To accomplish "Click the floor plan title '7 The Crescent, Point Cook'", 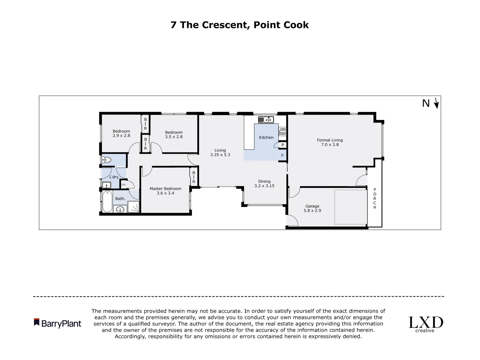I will tap(239, 25).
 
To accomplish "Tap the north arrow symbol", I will tap(436, 103).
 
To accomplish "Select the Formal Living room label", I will tap(330, 140).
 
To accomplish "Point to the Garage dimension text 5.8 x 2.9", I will tap(312, 211).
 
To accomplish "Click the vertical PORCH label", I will tap(375, 199).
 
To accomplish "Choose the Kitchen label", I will tap(266, 137).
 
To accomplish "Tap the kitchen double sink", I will tap(266, 119).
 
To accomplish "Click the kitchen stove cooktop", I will tap(283, 131).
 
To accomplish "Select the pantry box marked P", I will tap(283, 145).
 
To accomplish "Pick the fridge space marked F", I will tap(282, 155).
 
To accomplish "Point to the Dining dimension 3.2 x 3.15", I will tap(264, 186).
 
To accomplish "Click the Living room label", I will tap(220, 150).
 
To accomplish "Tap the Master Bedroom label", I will tap(165, 189).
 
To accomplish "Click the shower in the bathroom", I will tap(134, 208).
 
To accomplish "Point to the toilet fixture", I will tap(106, 160).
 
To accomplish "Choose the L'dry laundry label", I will tap(114, 177).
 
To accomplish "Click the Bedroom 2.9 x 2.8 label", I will tap(121, 131).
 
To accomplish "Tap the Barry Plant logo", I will tap(57, 323).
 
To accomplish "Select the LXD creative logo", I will tap(426, 324).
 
